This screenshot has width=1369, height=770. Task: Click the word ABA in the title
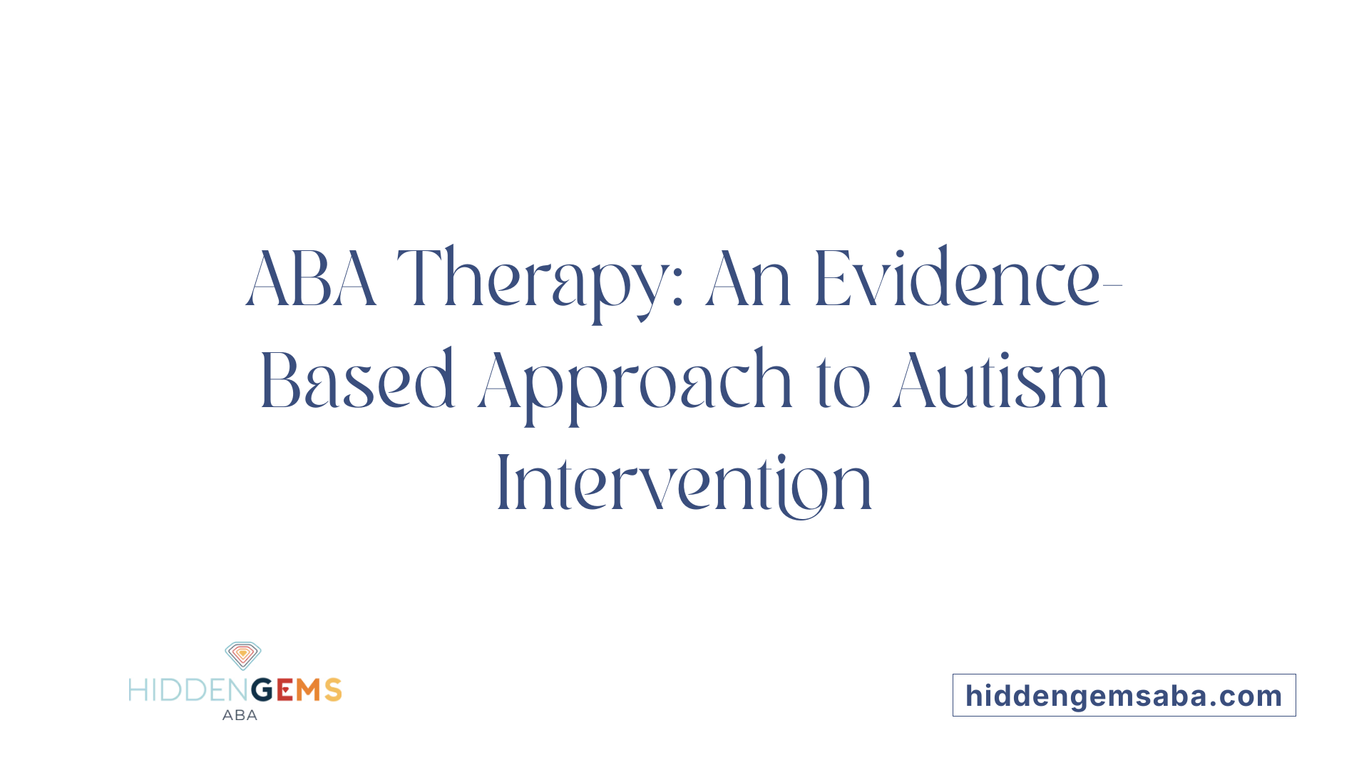tap(311, 279)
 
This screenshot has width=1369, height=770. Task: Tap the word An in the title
tap(748, 279)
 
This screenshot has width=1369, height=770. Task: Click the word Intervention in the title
tap(684, 483)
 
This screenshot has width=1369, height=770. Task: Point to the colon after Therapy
tap(678, 291)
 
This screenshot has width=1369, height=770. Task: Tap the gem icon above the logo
tap(243, 655)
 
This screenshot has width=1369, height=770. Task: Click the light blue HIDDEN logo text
tap(189, 690)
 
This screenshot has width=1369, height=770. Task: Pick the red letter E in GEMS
tap(284, 690)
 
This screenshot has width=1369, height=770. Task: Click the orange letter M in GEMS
tap(308, 690)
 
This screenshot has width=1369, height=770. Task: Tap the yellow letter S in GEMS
tap(333, 690)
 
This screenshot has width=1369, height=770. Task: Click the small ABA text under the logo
tap(240, 715)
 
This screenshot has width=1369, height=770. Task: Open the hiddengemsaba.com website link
tap(1124, 696)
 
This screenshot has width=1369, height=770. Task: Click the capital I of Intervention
tap(502, 483)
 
